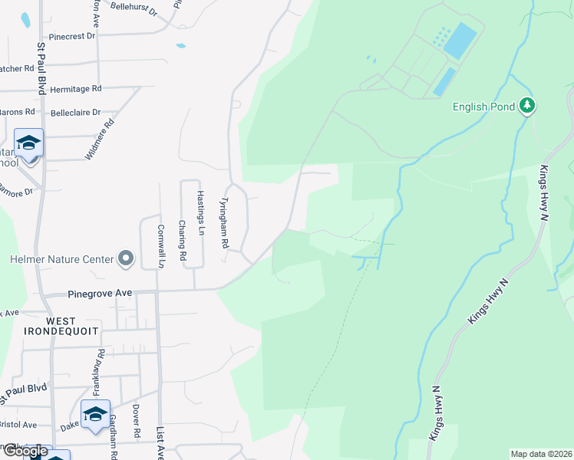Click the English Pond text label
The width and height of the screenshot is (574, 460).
tap(480, 107)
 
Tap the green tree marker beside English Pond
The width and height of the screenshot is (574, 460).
tap(526, 105)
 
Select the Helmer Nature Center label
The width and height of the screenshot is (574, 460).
tap(61, 259)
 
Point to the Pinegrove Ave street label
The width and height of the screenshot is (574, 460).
tap(101, 293)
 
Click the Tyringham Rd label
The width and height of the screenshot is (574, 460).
tap(224, 223)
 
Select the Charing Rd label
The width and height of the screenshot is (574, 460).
tap(182, 241)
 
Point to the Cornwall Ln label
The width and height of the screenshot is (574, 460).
tap(161, 245)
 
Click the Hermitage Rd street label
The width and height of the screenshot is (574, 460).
tap(75, 89)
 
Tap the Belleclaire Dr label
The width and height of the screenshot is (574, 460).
tap(75, 113)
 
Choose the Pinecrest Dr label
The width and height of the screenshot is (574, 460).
tap(71, 36)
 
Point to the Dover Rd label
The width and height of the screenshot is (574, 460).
tap(135, 421)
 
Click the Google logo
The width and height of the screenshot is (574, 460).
tap(25, 451)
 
